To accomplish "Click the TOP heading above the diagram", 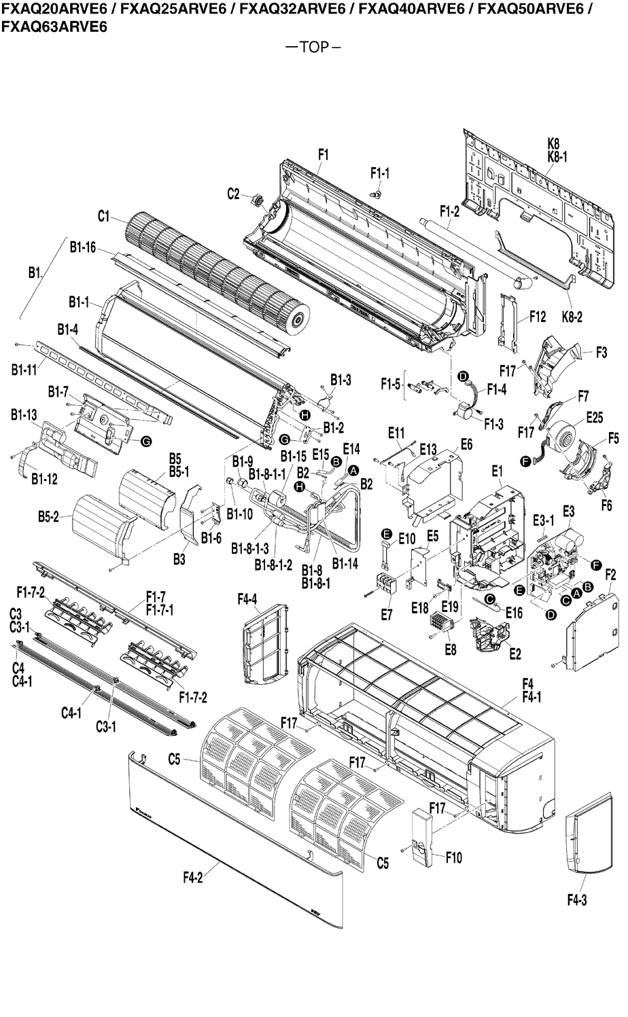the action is click(314, 48).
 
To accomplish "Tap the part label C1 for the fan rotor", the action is click(103, 217).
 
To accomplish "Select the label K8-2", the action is click(572, 317).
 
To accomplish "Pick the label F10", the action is click(454, 857).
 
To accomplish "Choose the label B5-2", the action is click(48, 517).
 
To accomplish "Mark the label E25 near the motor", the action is click(595, 418).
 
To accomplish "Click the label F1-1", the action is click(380, 173).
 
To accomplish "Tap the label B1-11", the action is click(24, 370).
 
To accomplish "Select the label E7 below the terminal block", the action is click(386, 615).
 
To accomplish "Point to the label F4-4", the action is click(247, 600).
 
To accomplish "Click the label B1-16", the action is click(83, 247).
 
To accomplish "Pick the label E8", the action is click(450, 649).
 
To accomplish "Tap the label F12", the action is click(538, 317).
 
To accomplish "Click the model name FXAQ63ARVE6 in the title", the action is click(54, 28).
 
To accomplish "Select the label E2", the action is click(515, 654).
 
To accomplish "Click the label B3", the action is click(179, 559).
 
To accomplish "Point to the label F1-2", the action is click(449, 211).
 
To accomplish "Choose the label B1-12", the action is click(44, 479).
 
